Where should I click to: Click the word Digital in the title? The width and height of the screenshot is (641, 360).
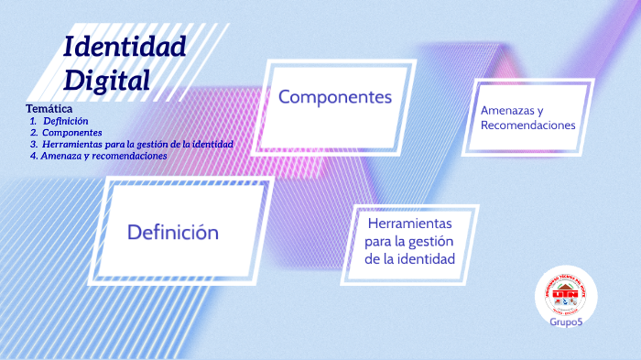106,79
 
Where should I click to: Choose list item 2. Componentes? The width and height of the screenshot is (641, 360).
71,133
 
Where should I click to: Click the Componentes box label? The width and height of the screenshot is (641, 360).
335,97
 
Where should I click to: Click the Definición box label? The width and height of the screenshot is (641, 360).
173,233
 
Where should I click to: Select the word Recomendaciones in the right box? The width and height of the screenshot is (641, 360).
528,125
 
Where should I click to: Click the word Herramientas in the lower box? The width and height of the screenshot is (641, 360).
409,224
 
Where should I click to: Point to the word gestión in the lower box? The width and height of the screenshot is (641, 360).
429,241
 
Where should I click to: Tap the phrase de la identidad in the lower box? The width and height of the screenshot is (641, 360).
409,259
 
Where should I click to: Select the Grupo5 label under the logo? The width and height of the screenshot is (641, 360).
566,322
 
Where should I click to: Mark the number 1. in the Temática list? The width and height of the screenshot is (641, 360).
33,121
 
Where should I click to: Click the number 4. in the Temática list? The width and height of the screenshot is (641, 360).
33,156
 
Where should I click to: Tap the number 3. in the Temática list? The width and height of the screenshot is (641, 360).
33,145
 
